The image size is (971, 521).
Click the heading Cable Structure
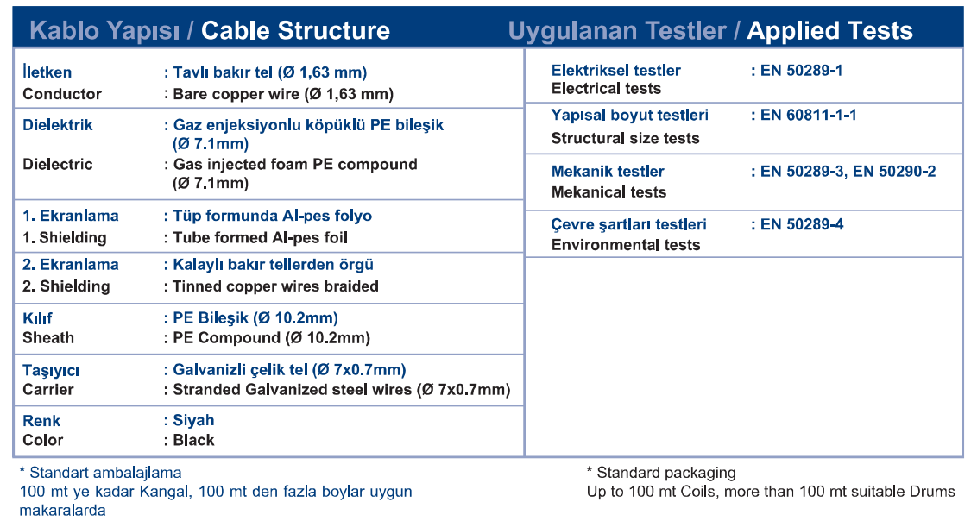point(295,30)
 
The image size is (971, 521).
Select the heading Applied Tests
point(829,30)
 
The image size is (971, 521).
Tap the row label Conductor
point(62,94)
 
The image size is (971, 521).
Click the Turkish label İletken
point(47,72)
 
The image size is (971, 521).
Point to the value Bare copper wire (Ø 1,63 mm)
point(284,94)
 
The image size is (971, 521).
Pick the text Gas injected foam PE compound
point(295,164)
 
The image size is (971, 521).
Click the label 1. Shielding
point(65,237)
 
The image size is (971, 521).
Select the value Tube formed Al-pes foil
point(260,237)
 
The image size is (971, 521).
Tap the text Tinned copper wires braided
point(275,286)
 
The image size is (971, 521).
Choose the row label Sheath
point(48,338)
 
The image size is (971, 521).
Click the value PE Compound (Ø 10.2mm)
point(271,338)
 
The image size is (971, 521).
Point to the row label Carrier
point(48,390)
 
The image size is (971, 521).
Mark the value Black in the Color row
point(194,440)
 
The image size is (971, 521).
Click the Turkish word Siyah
point(193,421)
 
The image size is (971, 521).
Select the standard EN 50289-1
point(801,71)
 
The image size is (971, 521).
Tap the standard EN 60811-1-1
point(808,115)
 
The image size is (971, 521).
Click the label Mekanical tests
point(608,192)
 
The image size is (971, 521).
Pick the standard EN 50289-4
point(802,224)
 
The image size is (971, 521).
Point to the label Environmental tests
point(626,245)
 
